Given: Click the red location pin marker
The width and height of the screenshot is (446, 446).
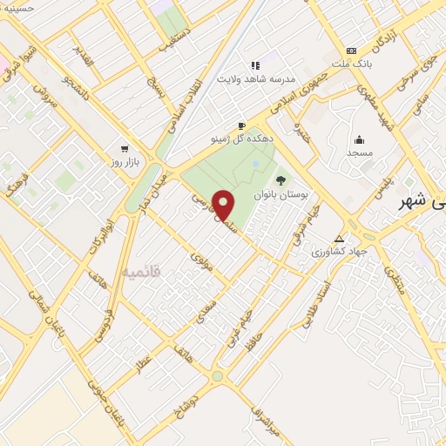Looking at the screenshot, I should (x=224, y=206).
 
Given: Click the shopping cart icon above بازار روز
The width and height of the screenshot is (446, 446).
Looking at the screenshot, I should (x=126, y=149).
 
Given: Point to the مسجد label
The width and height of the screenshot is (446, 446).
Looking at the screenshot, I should (x=359, y=152).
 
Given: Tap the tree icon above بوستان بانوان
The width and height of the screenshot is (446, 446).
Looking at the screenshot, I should (x=280, y=181).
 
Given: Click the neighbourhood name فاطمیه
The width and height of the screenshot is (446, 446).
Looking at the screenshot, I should (x=140, y=273).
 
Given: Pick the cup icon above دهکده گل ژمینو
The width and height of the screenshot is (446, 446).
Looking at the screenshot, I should (x=242, y=125).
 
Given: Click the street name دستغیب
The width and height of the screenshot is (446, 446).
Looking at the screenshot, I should (x=173, y=44).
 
